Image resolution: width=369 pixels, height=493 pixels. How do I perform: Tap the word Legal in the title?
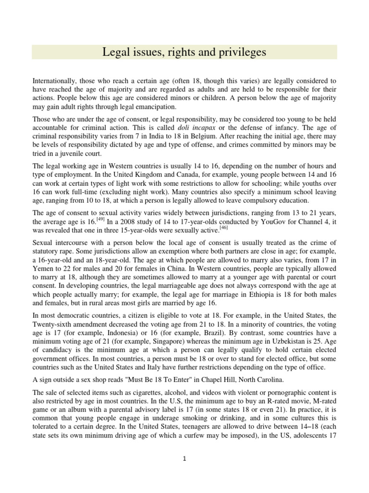click(116, 52)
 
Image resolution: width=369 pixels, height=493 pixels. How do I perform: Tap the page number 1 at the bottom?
click(184, 458)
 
